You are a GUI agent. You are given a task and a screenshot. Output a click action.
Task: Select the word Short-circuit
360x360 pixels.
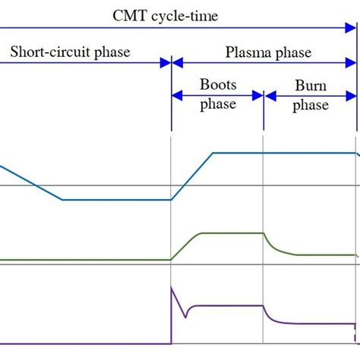click(47, 52)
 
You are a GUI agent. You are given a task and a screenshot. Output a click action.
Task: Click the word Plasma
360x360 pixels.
click(250, 52)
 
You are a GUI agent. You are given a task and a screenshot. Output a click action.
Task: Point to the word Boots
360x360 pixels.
click(218, 84)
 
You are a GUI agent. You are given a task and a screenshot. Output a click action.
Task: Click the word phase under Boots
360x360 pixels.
click(218, 104)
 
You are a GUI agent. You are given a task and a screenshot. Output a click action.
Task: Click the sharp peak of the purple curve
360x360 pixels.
click(172, 288)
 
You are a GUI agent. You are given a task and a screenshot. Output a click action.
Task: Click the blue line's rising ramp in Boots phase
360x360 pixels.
click(192, 176)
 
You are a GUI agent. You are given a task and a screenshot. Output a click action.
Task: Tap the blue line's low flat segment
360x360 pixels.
click(114, 200)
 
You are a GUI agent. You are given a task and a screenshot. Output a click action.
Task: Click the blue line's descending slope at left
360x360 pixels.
click(30, 182)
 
